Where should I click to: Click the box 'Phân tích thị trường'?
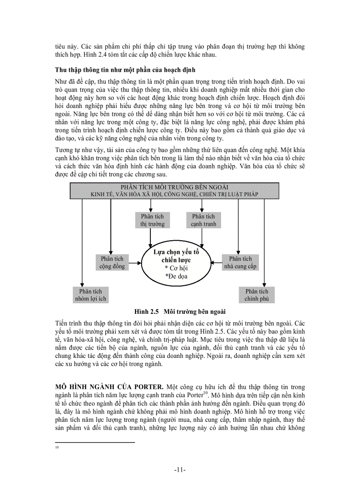point(152,220)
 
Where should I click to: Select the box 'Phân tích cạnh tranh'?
point(203,220)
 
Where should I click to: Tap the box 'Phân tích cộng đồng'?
point(112,262)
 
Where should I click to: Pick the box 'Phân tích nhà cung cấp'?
point(240,262)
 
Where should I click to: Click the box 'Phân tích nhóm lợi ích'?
point(90,295)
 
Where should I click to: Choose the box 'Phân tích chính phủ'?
point(257,295)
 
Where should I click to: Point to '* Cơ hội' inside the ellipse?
point(176,268)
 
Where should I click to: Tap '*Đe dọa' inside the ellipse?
point(176,276)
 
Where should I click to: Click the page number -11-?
point(180,469)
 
